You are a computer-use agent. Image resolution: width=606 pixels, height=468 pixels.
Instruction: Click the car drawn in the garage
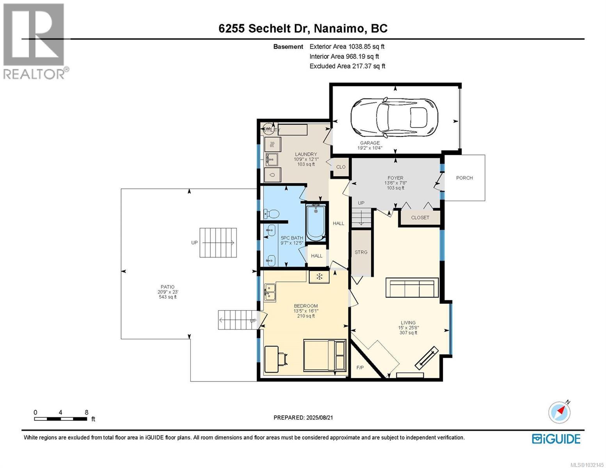pyautogui.click(x=394, y=117)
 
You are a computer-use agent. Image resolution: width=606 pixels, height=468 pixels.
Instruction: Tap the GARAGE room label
pyautogui.click(x=370, y=143)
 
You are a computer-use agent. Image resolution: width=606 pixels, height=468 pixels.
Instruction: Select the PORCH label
pyautogui.click(x=464, y=178)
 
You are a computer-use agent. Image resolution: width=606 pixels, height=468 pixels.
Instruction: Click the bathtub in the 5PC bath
pyautogui.click(x=316, y=222)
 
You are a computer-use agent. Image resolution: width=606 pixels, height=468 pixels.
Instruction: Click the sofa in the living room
pyautogui.click(x=412, y=288)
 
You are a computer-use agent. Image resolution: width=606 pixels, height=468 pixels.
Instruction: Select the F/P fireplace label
pyautogui.click(x=360, y=367)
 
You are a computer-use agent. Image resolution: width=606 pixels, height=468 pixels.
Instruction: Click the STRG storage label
pyautogui.click(x=361, y=252)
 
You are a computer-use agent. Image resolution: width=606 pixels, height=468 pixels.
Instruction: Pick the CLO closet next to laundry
pyautogui.click(x=341, y=167)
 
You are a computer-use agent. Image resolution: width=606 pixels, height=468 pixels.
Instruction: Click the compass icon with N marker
pyautogui.click(x=560, y=412)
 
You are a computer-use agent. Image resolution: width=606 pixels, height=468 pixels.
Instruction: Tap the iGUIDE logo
pyautogui.click(x=556, y=439)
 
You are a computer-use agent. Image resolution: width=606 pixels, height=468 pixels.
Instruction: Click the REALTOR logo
pyautogui.click(x=34, y=41)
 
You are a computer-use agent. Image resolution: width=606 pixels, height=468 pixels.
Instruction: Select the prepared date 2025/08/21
pyautogui.click(x=303, y=418)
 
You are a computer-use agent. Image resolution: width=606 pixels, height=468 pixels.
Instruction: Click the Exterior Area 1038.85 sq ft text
pyautogui.click(x=347, y=46)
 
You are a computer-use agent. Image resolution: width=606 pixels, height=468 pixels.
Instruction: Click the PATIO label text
pyautogui.click(x=167, y=287)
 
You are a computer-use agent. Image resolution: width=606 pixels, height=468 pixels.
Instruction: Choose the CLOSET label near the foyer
pyautogui.click(x=420, y=218)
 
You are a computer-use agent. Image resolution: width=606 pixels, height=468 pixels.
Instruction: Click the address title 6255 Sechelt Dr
pyautogui.click(x=303, y=28)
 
